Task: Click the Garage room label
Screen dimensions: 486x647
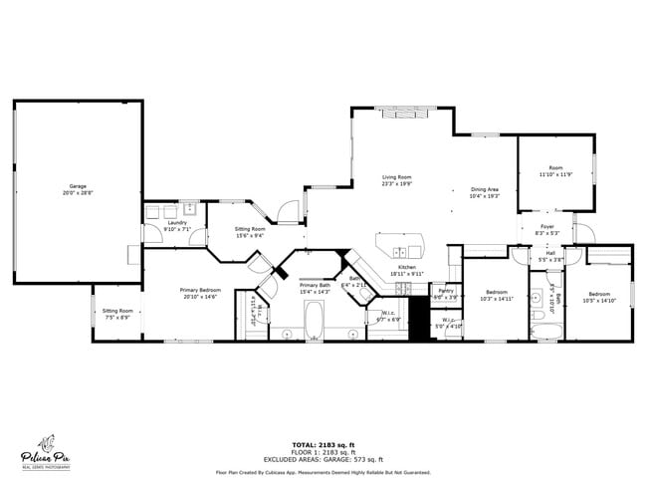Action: coord(78,186)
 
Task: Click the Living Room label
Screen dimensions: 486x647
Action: coord(396,176)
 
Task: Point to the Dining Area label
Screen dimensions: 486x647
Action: coord(484,189)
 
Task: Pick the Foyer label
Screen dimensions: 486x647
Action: coord(547,227)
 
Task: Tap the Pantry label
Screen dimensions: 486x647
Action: coord(444,291)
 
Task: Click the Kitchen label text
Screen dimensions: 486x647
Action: coord(407,268)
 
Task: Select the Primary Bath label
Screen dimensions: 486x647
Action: coord(316,286)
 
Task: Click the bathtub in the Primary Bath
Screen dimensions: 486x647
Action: coord(314,321)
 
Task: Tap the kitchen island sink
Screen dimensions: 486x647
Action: coord(398,251)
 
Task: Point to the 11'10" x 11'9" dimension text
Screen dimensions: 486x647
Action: coord(556,174)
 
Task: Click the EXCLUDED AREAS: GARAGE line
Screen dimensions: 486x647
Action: coord(323,459)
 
